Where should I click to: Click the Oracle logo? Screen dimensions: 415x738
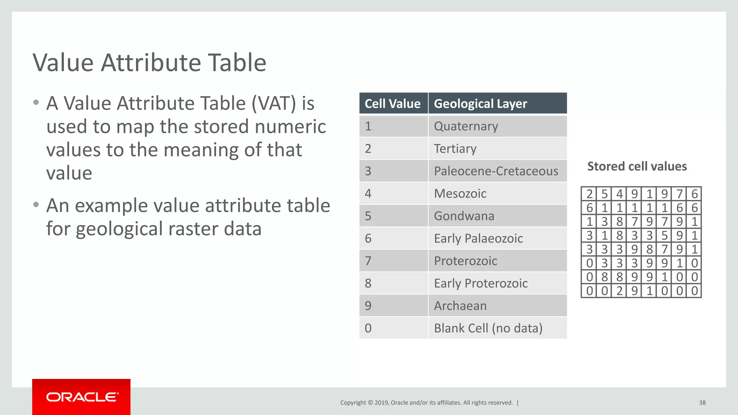coord(81,397)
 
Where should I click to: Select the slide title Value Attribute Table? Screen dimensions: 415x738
coord(150,63)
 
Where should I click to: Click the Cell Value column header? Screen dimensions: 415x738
coord(392,104)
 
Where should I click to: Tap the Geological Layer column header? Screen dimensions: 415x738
coord(480,104)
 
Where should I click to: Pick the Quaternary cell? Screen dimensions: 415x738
coord(466,126)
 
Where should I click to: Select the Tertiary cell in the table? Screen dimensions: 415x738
coord(455,148)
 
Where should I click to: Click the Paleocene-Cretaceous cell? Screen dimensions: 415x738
coord(496,171)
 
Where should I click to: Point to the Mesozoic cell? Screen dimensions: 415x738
coord(460,193)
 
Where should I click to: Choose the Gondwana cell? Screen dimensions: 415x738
coord(464,216)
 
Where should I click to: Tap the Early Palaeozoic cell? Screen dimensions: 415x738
coord(478,238)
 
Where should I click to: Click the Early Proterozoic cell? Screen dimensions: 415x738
coord(481,283)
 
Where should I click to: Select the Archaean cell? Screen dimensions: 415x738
coord(460,306)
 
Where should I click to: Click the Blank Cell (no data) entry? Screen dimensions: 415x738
coord(488,328)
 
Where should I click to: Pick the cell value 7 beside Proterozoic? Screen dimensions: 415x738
coord(368,261)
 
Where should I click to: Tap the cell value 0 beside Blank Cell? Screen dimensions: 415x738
coord(368,328)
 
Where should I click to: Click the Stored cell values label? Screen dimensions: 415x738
coord(637,166)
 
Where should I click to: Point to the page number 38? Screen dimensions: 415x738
coord(702,402)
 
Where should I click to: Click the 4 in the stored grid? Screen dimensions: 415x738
coord(619,194)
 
